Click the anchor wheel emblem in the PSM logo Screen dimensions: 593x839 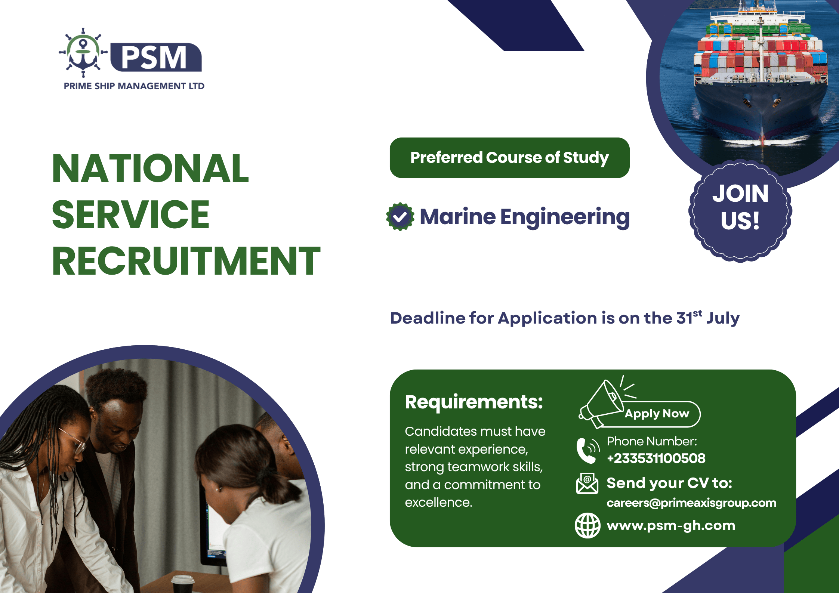tap(83, 53)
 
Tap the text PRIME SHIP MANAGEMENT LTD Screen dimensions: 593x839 tap(134, 86)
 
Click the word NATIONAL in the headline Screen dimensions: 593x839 tap(150, 169)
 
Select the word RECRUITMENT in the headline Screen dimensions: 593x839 tap(186, 261)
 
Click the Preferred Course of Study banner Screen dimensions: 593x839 tap(509, 158)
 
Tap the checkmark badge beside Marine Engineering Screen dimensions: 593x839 tap(400, 217)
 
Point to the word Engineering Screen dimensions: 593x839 tap(565, 217)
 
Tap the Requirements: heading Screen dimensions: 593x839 tap(474, 402)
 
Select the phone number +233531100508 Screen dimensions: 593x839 tap(656, 458)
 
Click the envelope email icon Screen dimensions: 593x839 tap(587, 484)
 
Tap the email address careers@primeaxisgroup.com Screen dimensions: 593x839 tap(691, 503)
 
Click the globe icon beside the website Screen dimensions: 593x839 tap(587, 525)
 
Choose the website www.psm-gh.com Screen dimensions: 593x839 tap(671, 526)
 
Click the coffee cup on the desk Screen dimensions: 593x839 tap(183, 583)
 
